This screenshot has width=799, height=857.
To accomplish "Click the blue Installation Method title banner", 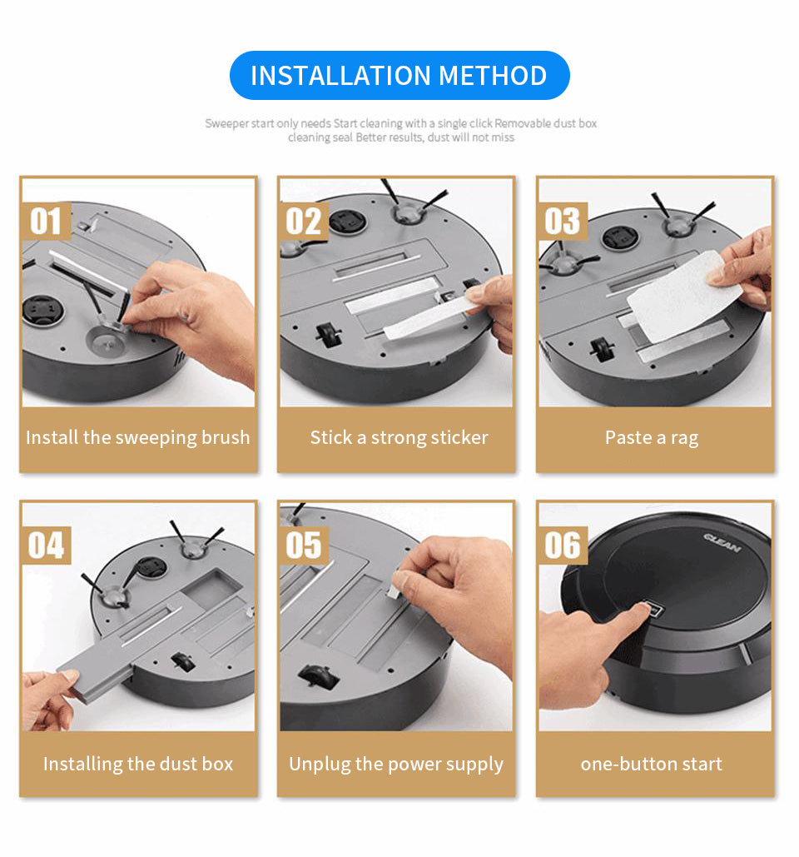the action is pos(399,76).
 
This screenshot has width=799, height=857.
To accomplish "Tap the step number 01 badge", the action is pos(47,222).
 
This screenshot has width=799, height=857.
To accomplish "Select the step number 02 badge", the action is pos(304,222).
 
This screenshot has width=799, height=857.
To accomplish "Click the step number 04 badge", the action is pos(47,546).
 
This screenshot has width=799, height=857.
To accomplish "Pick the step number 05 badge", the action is pos(304,546).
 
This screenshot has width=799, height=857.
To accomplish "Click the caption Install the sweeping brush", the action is pos(137,438).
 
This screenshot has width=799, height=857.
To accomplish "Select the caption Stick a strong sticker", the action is pos(399,438).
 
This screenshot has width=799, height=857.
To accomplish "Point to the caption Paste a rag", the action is pos(652,438).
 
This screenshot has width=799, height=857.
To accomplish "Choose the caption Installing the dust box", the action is pos(138,764).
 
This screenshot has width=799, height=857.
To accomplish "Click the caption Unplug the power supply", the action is pos(396,764).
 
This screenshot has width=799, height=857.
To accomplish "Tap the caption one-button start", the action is pos(651,764).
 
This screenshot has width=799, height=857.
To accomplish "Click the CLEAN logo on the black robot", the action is pos(722,543).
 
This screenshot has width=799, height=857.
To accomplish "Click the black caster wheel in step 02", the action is pos(329,335).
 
